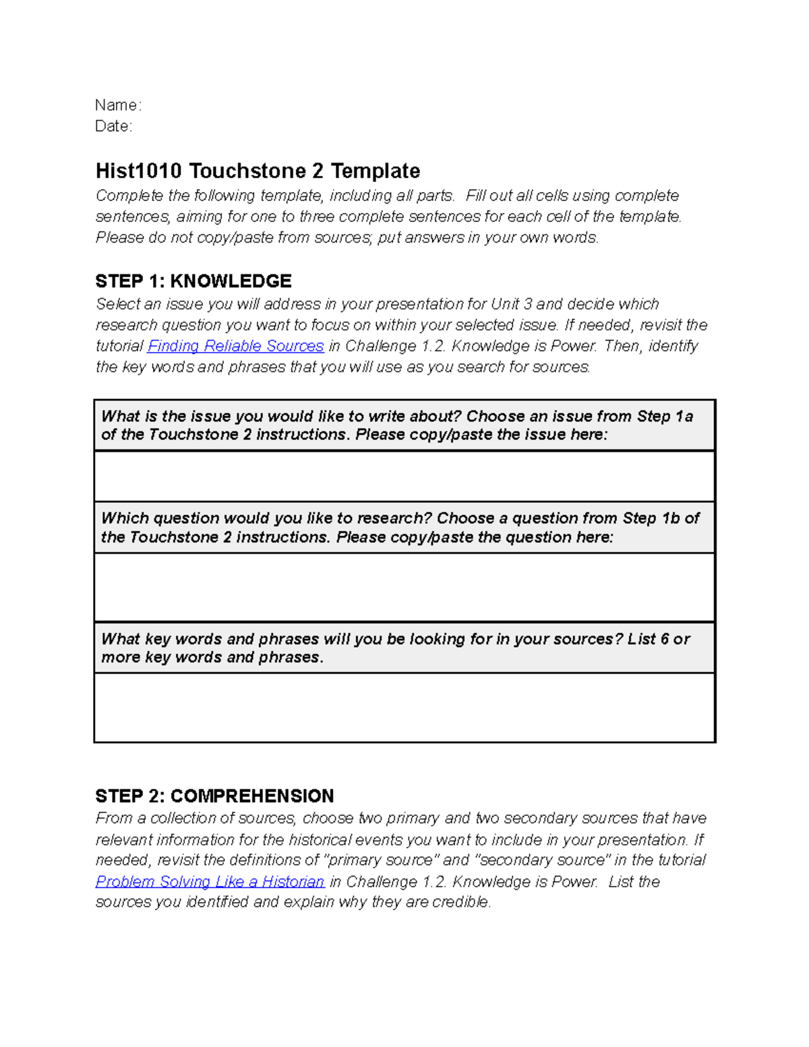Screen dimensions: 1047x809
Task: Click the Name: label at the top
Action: click(x=118, y=105)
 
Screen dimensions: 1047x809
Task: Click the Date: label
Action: click(x=113, y=126)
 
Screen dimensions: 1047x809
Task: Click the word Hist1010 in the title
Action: click(x=138, y=171)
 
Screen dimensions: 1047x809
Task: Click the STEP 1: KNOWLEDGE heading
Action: click(x=193, y=281)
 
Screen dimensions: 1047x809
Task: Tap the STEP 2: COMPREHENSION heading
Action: click(x=214, y=796)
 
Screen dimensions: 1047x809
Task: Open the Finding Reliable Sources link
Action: click(x=235, y=346)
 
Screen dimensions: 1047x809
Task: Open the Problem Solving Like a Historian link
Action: click(x=210, y=881)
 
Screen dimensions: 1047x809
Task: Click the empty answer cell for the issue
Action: click(x=404, y=476)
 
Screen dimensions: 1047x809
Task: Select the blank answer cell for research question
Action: click(x=404, y=587)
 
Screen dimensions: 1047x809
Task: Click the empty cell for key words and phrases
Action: click(x=404, y=707)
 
